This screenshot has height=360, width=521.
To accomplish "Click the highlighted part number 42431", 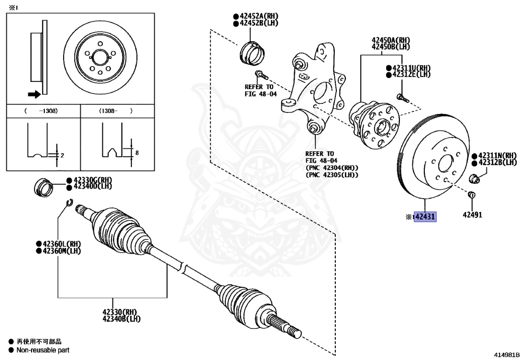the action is [425, 217].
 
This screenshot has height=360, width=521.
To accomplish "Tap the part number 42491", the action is [472, 214].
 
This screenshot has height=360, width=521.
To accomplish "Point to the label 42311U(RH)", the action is [411, 67].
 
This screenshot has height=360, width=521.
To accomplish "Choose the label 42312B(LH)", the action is [497, 162].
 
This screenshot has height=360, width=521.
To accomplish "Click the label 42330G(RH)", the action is [92, 180].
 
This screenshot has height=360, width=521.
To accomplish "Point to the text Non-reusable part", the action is [43, 350].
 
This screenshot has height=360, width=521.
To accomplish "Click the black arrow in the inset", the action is [34, 94].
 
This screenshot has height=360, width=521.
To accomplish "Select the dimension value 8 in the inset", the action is [137, 152].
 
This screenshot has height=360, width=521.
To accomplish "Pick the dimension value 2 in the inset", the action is [62, 155].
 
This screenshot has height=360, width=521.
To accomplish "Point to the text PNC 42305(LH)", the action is [332, 175].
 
